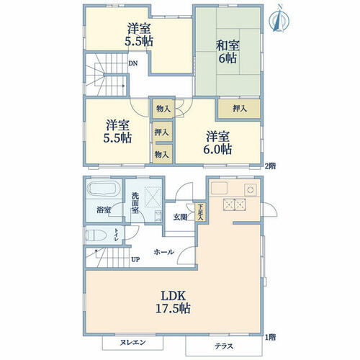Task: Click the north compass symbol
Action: pos(279,19)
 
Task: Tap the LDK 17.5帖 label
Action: pos(173,302)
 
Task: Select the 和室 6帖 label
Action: pos(228,52)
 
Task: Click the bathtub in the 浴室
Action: pos(104,189)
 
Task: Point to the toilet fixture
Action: pos(96,235)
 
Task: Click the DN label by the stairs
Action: pos(133,63)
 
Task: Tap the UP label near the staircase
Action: pos(135,259)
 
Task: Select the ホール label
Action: pos(164,252)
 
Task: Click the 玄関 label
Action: pos(181,217)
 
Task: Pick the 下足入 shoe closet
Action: pos(200,212)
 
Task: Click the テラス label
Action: pos(224,346)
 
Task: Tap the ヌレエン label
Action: pos(132,342)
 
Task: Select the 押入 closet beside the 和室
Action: pos(239,109)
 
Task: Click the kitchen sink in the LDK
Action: pos(219,188)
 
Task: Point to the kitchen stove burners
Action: pos(235,204)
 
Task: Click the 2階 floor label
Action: pos(270,166)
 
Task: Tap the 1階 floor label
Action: pos(270,337)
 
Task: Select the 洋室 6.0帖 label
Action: pos(217,143)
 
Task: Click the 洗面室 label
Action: pos(135,203)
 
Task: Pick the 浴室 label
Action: pos(104,210)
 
